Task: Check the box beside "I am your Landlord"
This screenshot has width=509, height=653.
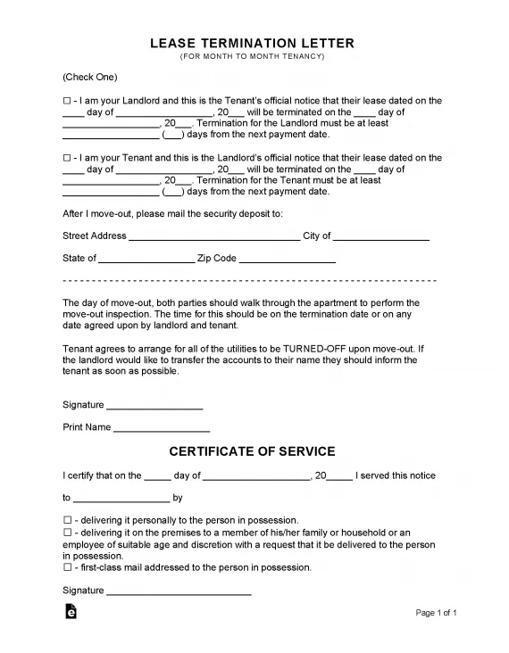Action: (x=67, y=102)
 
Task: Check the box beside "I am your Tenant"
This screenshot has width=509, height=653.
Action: (x=67, y=158)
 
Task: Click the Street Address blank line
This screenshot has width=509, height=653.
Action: (x=214, y=237)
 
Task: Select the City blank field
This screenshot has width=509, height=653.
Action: (x=381, y=237)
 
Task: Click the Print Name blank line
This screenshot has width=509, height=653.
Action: (x=162, y=428)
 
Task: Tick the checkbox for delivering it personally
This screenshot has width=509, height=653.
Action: (x=67, y=520)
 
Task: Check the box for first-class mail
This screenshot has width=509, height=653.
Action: (x=67, y=567)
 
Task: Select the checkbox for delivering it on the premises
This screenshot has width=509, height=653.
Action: (x=67, y=533)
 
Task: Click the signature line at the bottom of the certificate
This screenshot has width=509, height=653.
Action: (x=179, y=591)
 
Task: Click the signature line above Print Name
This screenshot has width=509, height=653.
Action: (x=154, y=406)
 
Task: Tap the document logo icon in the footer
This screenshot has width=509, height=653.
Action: (x=71, y=613)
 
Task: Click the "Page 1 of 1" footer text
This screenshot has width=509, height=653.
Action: (x=437, y=614)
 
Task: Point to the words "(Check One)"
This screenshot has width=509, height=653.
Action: (x=90, y=78)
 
